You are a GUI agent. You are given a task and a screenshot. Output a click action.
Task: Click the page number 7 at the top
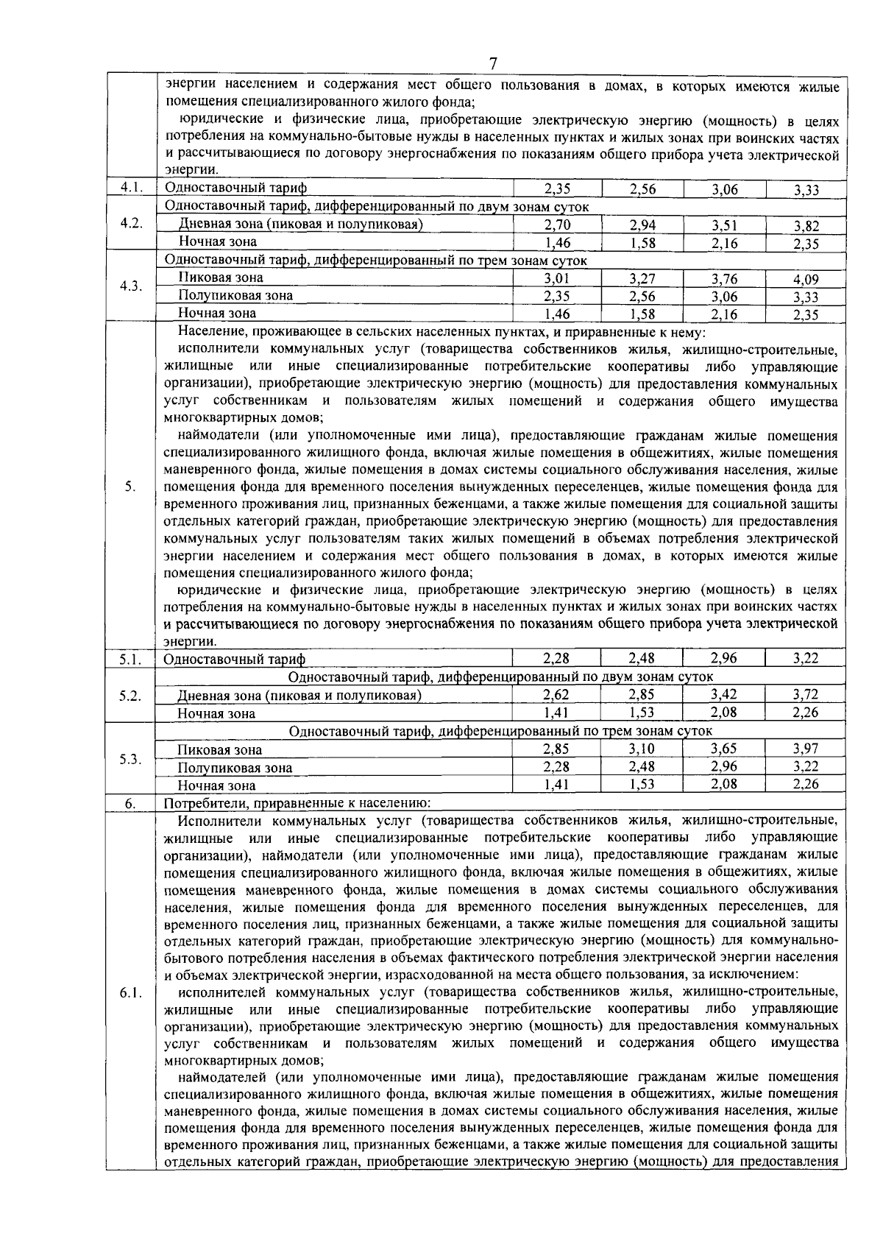494,64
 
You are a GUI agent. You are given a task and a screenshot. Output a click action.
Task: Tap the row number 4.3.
130,286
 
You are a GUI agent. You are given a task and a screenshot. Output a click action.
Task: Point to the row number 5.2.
130,696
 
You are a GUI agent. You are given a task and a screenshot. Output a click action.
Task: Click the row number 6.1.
130,994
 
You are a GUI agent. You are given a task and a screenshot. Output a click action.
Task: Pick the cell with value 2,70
557,225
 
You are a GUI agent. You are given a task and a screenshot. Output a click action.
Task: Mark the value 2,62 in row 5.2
557,694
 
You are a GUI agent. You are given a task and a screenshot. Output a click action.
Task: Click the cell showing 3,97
806,749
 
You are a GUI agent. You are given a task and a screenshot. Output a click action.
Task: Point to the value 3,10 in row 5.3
642,749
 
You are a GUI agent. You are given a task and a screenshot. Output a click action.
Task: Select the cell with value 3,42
724,694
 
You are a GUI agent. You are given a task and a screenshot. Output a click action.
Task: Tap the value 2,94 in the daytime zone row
642,225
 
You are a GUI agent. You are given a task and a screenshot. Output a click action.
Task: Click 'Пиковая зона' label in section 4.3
221,278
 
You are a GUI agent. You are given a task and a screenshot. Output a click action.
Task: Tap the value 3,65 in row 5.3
724,749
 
